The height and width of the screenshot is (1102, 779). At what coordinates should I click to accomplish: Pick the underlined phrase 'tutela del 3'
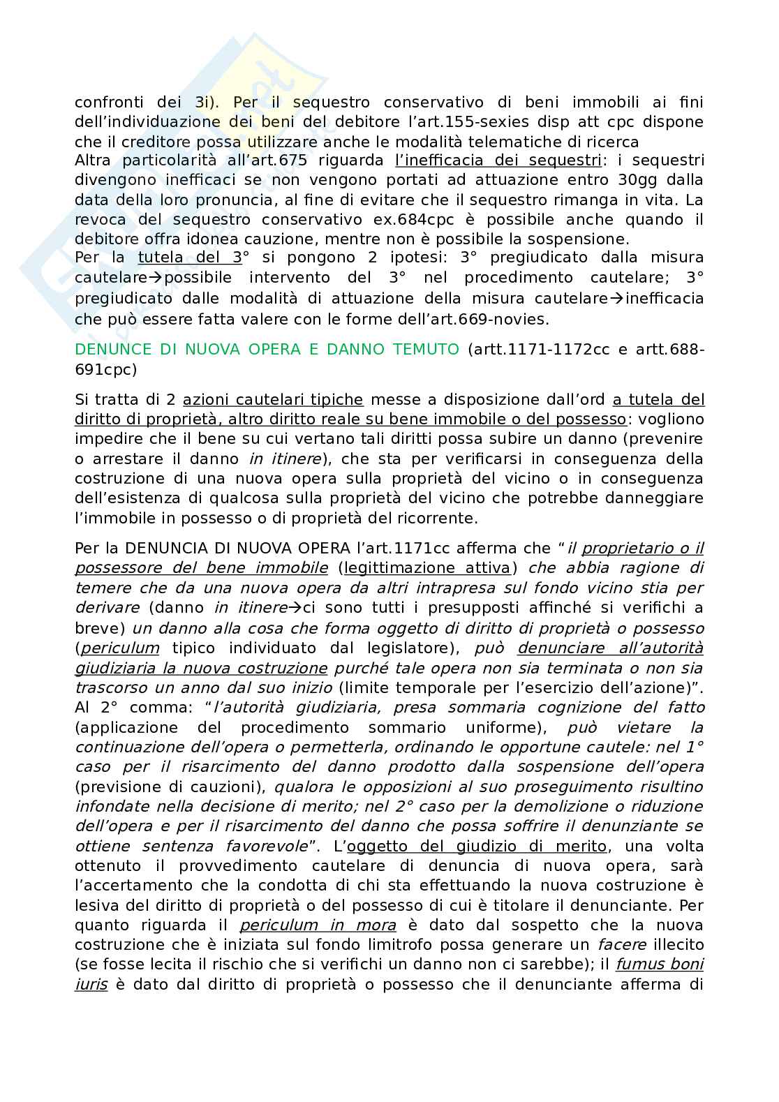(190, 258)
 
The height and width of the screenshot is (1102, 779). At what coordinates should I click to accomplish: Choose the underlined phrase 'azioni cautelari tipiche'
(273, 400)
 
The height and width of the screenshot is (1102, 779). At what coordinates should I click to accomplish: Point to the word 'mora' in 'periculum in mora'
(376, 925)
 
